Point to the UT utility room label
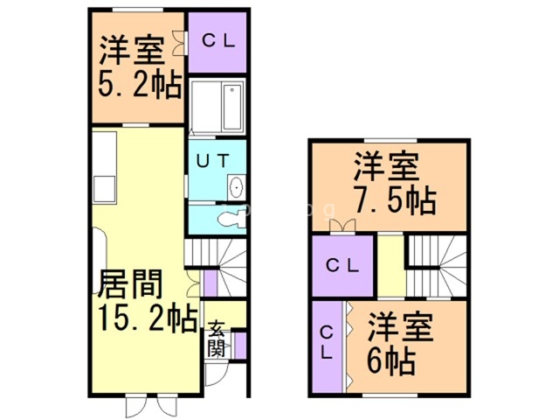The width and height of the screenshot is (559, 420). pos(212,161)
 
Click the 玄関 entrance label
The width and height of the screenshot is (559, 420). pos(216,339)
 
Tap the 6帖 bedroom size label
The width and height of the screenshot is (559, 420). pos(390,358)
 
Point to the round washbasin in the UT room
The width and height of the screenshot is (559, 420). pos(235,186)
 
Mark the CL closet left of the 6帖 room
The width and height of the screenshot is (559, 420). pos(326,344)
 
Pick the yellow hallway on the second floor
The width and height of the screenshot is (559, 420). pos(390,266)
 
